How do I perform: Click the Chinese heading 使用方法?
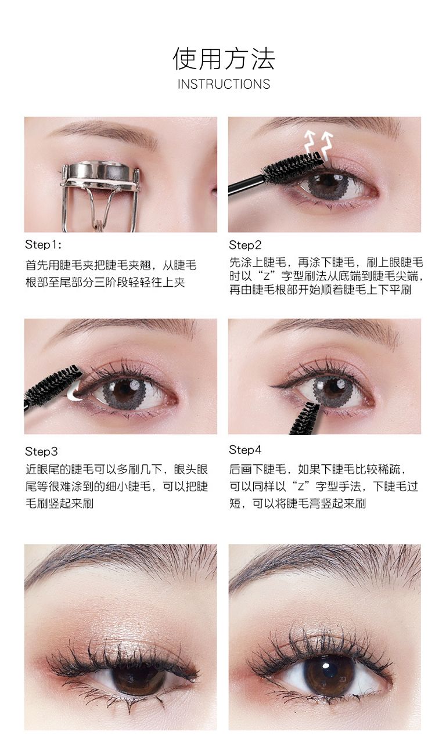224,59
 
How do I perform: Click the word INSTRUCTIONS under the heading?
224,84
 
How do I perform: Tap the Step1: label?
43,245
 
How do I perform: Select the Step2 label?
245,245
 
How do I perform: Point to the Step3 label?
41,452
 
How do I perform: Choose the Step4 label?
245,450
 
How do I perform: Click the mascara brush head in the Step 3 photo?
53,385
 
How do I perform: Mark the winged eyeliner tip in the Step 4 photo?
271,386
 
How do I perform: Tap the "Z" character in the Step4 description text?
301,487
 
